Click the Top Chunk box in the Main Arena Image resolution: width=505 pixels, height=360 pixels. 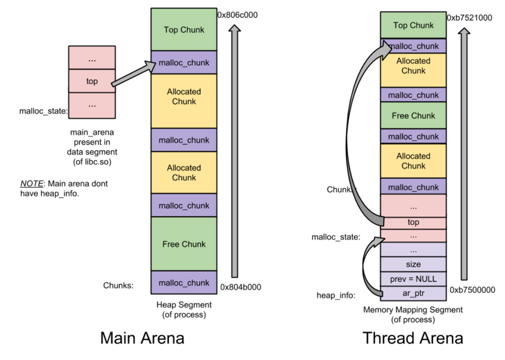[184, 29]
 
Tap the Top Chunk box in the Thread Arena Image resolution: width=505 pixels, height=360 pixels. [413, 25]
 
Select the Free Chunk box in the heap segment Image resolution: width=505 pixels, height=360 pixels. [184, 244]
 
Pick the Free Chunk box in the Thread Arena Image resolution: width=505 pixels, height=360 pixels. [413, 115]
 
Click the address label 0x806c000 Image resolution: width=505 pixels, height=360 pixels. [238, 15]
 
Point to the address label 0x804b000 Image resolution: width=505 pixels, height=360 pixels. [241, 287]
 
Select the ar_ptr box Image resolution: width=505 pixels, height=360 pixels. [413, 293]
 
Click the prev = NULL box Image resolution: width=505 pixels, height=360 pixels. [413, 279]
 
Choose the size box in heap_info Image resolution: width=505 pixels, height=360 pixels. [413, 265]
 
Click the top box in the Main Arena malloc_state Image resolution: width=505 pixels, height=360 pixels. [92, 81]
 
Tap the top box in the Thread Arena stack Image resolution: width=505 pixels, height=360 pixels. [413, 222]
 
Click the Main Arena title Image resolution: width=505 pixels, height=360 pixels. [142, 338]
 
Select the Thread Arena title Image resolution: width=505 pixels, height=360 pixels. [413, 338]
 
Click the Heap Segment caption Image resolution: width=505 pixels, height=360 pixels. [184, 310]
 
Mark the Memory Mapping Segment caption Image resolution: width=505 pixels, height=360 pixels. [413, 314]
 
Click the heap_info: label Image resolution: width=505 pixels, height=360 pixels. [335, 295]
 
